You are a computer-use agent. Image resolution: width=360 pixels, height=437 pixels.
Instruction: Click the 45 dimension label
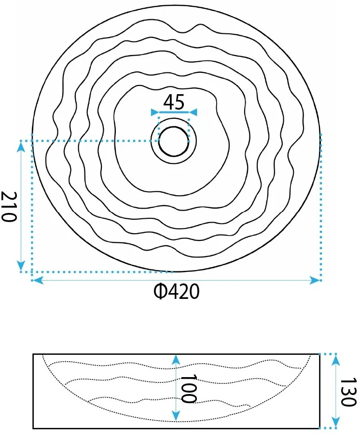(x=174, y=102)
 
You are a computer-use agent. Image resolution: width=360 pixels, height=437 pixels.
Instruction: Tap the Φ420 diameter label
(x=177, y=292)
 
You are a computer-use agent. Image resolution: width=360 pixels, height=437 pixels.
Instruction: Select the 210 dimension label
(x=9, y=206)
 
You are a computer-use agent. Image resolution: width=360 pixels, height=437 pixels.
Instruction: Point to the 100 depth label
(x=189, y=389)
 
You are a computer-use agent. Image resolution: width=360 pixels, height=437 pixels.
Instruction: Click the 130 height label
(x=348, y=392)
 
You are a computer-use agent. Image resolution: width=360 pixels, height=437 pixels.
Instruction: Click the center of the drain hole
(x=174, y=141)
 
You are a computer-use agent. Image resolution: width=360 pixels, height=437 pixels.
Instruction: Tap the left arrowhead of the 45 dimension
(x=155, y=113)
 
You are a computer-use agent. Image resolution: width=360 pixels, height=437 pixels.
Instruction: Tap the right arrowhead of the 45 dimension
(x=193, y=113)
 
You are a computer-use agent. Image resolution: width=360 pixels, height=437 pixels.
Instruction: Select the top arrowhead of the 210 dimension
(x=21, y=146)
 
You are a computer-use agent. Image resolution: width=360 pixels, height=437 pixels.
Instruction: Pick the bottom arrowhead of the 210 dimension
(x=21, y=266)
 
